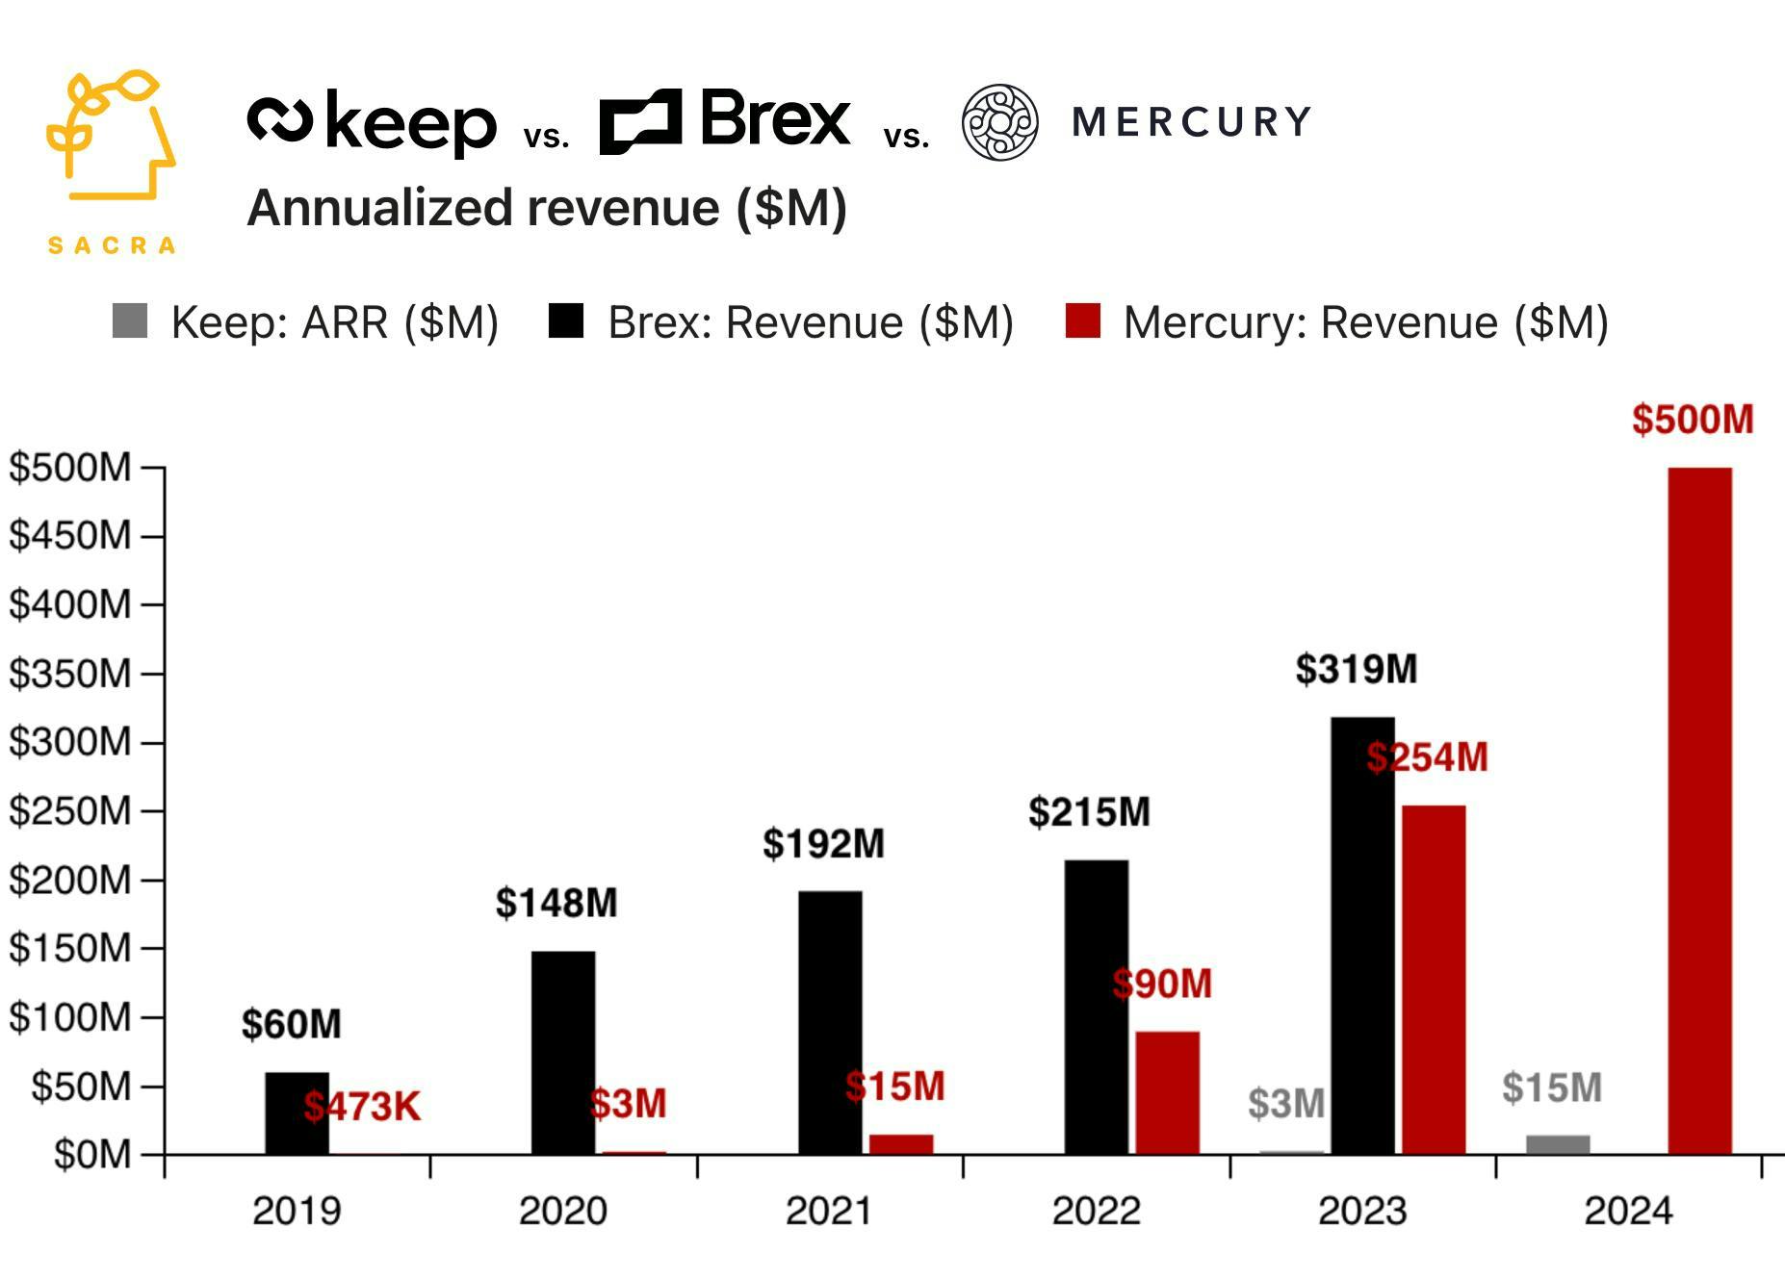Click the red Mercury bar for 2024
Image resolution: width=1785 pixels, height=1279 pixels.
click(1699, 810)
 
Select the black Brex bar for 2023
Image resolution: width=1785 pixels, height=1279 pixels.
click(1362, 935)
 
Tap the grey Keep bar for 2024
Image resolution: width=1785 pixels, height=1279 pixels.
click(1557, 1144)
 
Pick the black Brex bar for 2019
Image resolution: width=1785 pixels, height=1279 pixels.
click(297, 1113)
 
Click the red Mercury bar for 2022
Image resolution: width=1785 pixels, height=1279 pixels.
click(1167, 1092)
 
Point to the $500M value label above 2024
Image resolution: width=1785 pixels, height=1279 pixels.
click(1692, 420)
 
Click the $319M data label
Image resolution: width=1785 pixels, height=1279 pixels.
click(1356, 669)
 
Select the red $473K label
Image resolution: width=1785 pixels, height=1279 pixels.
click(362, 1107)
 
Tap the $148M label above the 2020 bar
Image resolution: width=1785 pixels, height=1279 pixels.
click(556, 903)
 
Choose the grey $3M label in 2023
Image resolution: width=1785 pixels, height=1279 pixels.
click(1285, 1104)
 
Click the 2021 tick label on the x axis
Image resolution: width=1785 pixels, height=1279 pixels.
click(829, 1211)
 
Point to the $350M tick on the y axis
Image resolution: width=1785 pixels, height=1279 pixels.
click(69, 674)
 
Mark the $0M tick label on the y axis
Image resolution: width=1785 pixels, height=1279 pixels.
click(91, 1154)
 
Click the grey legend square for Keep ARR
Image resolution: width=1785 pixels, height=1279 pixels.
click(130, 321)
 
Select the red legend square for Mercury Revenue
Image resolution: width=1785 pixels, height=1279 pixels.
click(1082, 321)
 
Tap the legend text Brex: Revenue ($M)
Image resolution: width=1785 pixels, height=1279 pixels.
click(810, 322)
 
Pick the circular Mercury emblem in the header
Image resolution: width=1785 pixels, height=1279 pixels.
click(999, 122)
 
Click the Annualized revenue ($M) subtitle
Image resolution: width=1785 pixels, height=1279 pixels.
click(546, 208)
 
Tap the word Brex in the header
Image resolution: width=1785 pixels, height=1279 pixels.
click(775, 119)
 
